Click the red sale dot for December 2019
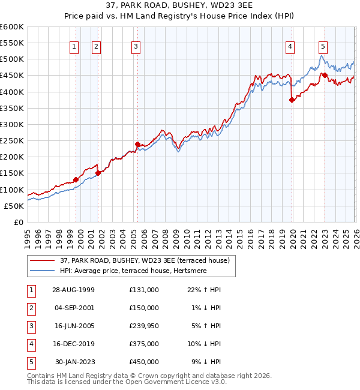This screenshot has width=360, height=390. [292, 100]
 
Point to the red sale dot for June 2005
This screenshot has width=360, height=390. [137, 144]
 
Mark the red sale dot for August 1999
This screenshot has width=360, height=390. [76, 179]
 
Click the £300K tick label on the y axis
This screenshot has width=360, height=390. [12, 124]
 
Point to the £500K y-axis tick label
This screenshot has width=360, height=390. [12, 59]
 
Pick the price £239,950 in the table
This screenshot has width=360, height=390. [144, 326]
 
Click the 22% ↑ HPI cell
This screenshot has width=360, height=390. [204, 290]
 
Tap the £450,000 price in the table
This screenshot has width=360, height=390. [144, 362]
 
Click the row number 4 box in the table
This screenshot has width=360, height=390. [29, 344]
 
